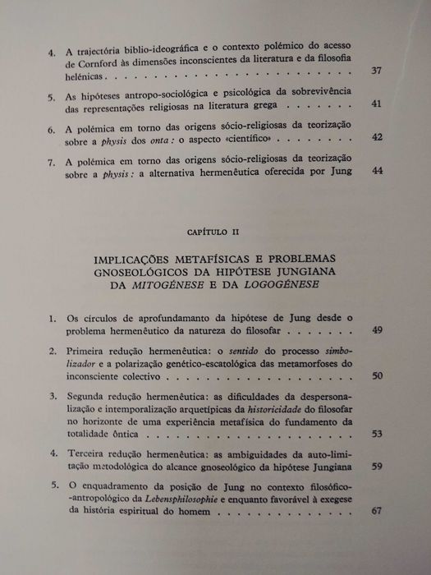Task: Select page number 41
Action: point(377,104)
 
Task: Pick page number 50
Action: point(377,375)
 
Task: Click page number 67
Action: point(377,512)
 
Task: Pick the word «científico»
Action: point(264,137)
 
